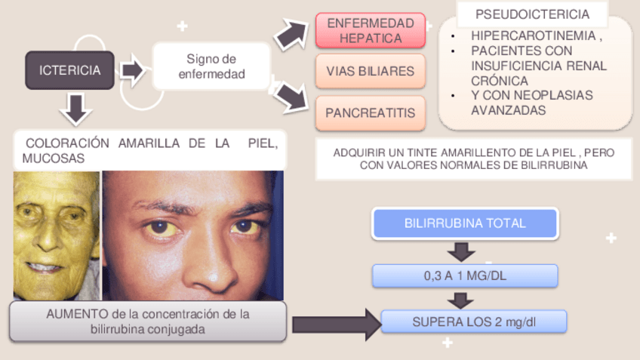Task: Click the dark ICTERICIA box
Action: (x=69, y=70)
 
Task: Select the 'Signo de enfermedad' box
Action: (x=211, y=66)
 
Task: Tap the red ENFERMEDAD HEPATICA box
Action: (x=370, y=31)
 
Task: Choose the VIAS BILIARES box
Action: (x=370, y=71)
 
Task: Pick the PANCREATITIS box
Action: (x=370, y=112)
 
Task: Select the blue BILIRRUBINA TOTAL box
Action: (x=464, y=223)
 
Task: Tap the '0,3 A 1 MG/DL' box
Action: (x=464, y=275)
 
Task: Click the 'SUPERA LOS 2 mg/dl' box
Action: (x=473, y=322)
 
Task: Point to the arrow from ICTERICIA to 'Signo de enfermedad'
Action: (x=132, y=70)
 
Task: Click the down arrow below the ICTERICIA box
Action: (x=74, y=108)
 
